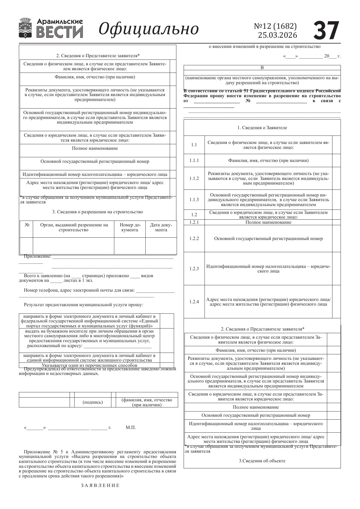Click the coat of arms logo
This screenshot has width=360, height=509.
[26, 28]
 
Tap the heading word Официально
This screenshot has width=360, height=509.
[149, 29]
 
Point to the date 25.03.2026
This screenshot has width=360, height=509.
[277, 35]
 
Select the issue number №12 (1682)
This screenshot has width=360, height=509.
[275, 26]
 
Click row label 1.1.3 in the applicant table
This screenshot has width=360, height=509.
[194, 200]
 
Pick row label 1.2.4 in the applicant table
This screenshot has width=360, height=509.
[194, 302]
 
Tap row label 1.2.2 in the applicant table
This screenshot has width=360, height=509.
[194, 239]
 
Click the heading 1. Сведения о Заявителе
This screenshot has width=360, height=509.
[262, 128]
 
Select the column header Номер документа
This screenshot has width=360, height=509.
[130, 227]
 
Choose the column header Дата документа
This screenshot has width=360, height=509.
[161, 227]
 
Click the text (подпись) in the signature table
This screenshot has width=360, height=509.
[93, 402]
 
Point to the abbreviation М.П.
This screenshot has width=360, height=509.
[131, 427]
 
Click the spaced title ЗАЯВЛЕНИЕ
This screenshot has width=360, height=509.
[100, 485]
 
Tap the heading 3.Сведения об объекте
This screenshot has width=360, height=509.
[262, 461]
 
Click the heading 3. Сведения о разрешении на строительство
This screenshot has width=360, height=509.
[97, 212]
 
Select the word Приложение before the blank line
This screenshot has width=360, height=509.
[37, 256]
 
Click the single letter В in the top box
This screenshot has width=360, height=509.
[262, 68]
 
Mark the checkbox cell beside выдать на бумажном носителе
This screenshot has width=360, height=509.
[167, 340]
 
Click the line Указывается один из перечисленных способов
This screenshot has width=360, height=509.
[89, 365]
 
